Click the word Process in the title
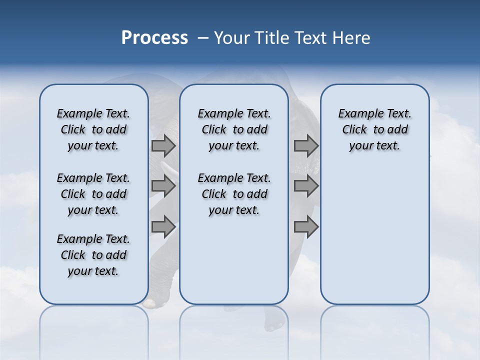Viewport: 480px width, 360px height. tap(154, 38)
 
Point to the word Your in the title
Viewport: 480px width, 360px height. tap(232, 38)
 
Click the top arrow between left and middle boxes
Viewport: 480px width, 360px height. tap(163, 146)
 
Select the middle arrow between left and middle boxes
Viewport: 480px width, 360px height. tap(163, 186)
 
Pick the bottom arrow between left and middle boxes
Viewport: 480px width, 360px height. tap(163, 227)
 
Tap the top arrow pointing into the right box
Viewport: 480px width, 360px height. tap(306, 146)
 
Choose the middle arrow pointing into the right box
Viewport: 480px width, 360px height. tap(306, 186)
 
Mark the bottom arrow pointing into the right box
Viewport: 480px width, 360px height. tap(306, 227)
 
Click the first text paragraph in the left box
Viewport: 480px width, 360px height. tap(93, 129)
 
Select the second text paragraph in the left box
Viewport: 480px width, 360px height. tap(93, 194)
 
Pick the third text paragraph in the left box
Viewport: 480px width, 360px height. tap(93, 255)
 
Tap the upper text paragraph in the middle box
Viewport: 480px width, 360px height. tap(234, 129)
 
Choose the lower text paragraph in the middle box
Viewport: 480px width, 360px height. tap(234, 194)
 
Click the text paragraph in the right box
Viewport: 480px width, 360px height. tap(375, 129)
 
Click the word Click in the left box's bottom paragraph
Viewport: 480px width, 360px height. tap(73, 255)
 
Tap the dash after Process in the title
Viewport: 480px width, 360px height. tap(203, 38)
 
